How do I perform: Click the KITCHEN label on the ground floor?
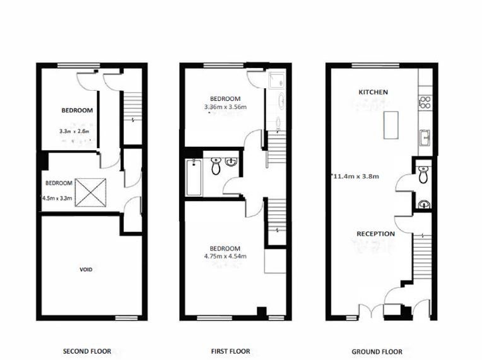click(x=373, y=92)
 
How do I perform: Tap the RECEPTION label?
click(x=375, y=234)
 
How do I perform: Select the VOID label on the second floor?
click(x=86, y=270)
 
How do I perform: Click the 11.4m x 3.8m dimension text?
click(x=355, y=177)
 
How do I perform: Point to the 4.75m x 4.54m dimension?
click(x=225, y=256)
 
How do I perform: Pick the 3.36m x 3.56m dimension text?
click(x=225, y=107)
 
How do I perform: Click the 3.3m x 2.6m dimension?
click(x=74, y=131)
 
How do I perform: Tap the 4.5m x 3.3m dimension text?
click(x=57, y=198)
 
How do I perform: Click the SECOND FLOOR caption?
click(x=87, y=351)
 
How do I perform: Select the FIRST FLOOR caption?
click(x=230, y=351)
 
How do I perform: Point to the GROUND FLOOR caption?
click(x=377, y=352)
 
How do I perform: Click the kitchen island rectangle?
click(x=391, y=125)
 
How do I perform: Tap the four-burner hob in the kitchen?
click(x=425, y=102)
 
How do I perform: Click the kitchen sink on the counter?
click(x=426, y=137)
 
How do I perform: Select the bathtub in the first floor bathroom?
click(x=194, y=177)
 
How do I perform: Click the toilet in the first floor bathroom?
click(x=216, y=166)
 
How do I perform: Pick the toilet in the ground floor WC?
click(x=423, y=175)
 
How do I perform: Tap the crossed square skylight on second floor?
click(x=91, y=192)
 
